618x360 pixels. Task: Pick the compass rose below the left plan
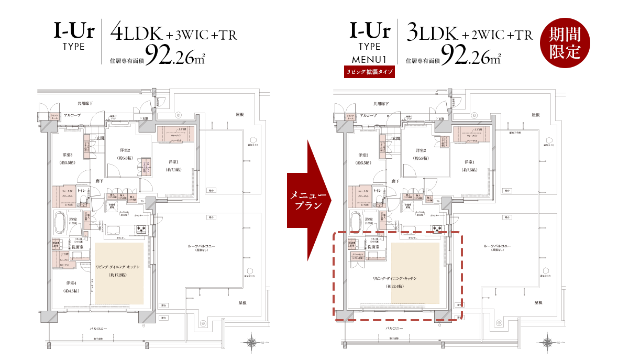[252, 341]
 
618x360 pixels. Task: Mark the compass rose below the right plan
[548, 341]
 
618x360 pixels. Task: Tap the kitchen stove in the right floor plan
[437, 228]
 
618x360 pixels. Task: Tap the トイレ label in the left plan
[82, 190]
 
